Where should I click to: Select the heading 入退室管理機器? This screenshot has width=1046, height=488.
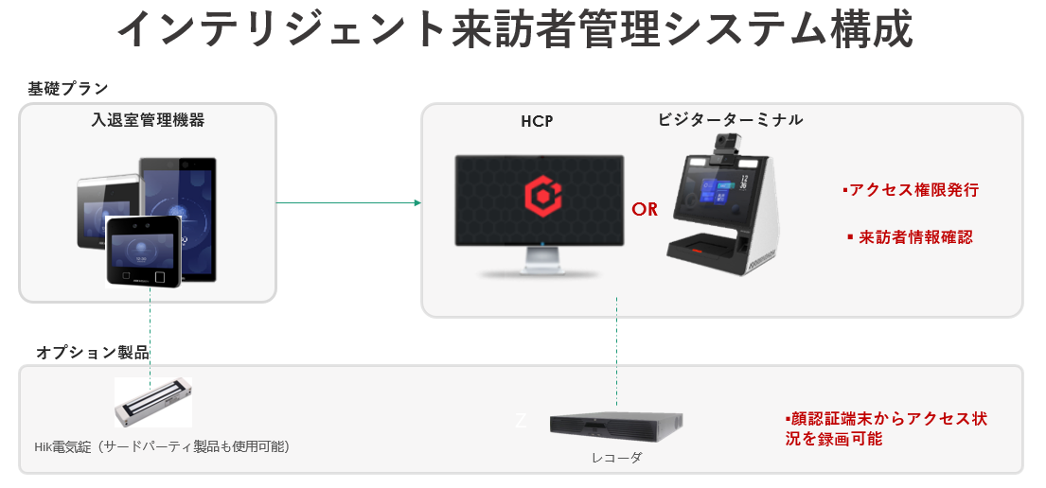click(149, 120)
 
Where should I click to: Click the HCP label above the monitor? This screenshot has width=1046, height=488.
click(537, 121)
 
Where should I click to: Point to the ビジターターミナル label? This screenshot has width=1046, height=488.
click(730, 119)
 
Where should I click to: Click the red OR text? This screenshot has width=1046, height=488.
click(645, 209)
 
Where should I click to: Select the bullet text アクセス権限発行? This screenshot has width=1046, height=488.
click(911, 190)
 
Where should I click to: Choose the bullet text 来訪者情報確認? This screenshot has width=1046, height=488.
click(911, 237)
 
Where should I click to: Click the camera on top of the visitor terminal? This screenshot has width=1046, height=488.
click(726, 144)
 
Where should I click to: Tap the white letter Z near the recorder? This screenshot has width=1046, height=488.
click(520, 421)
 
